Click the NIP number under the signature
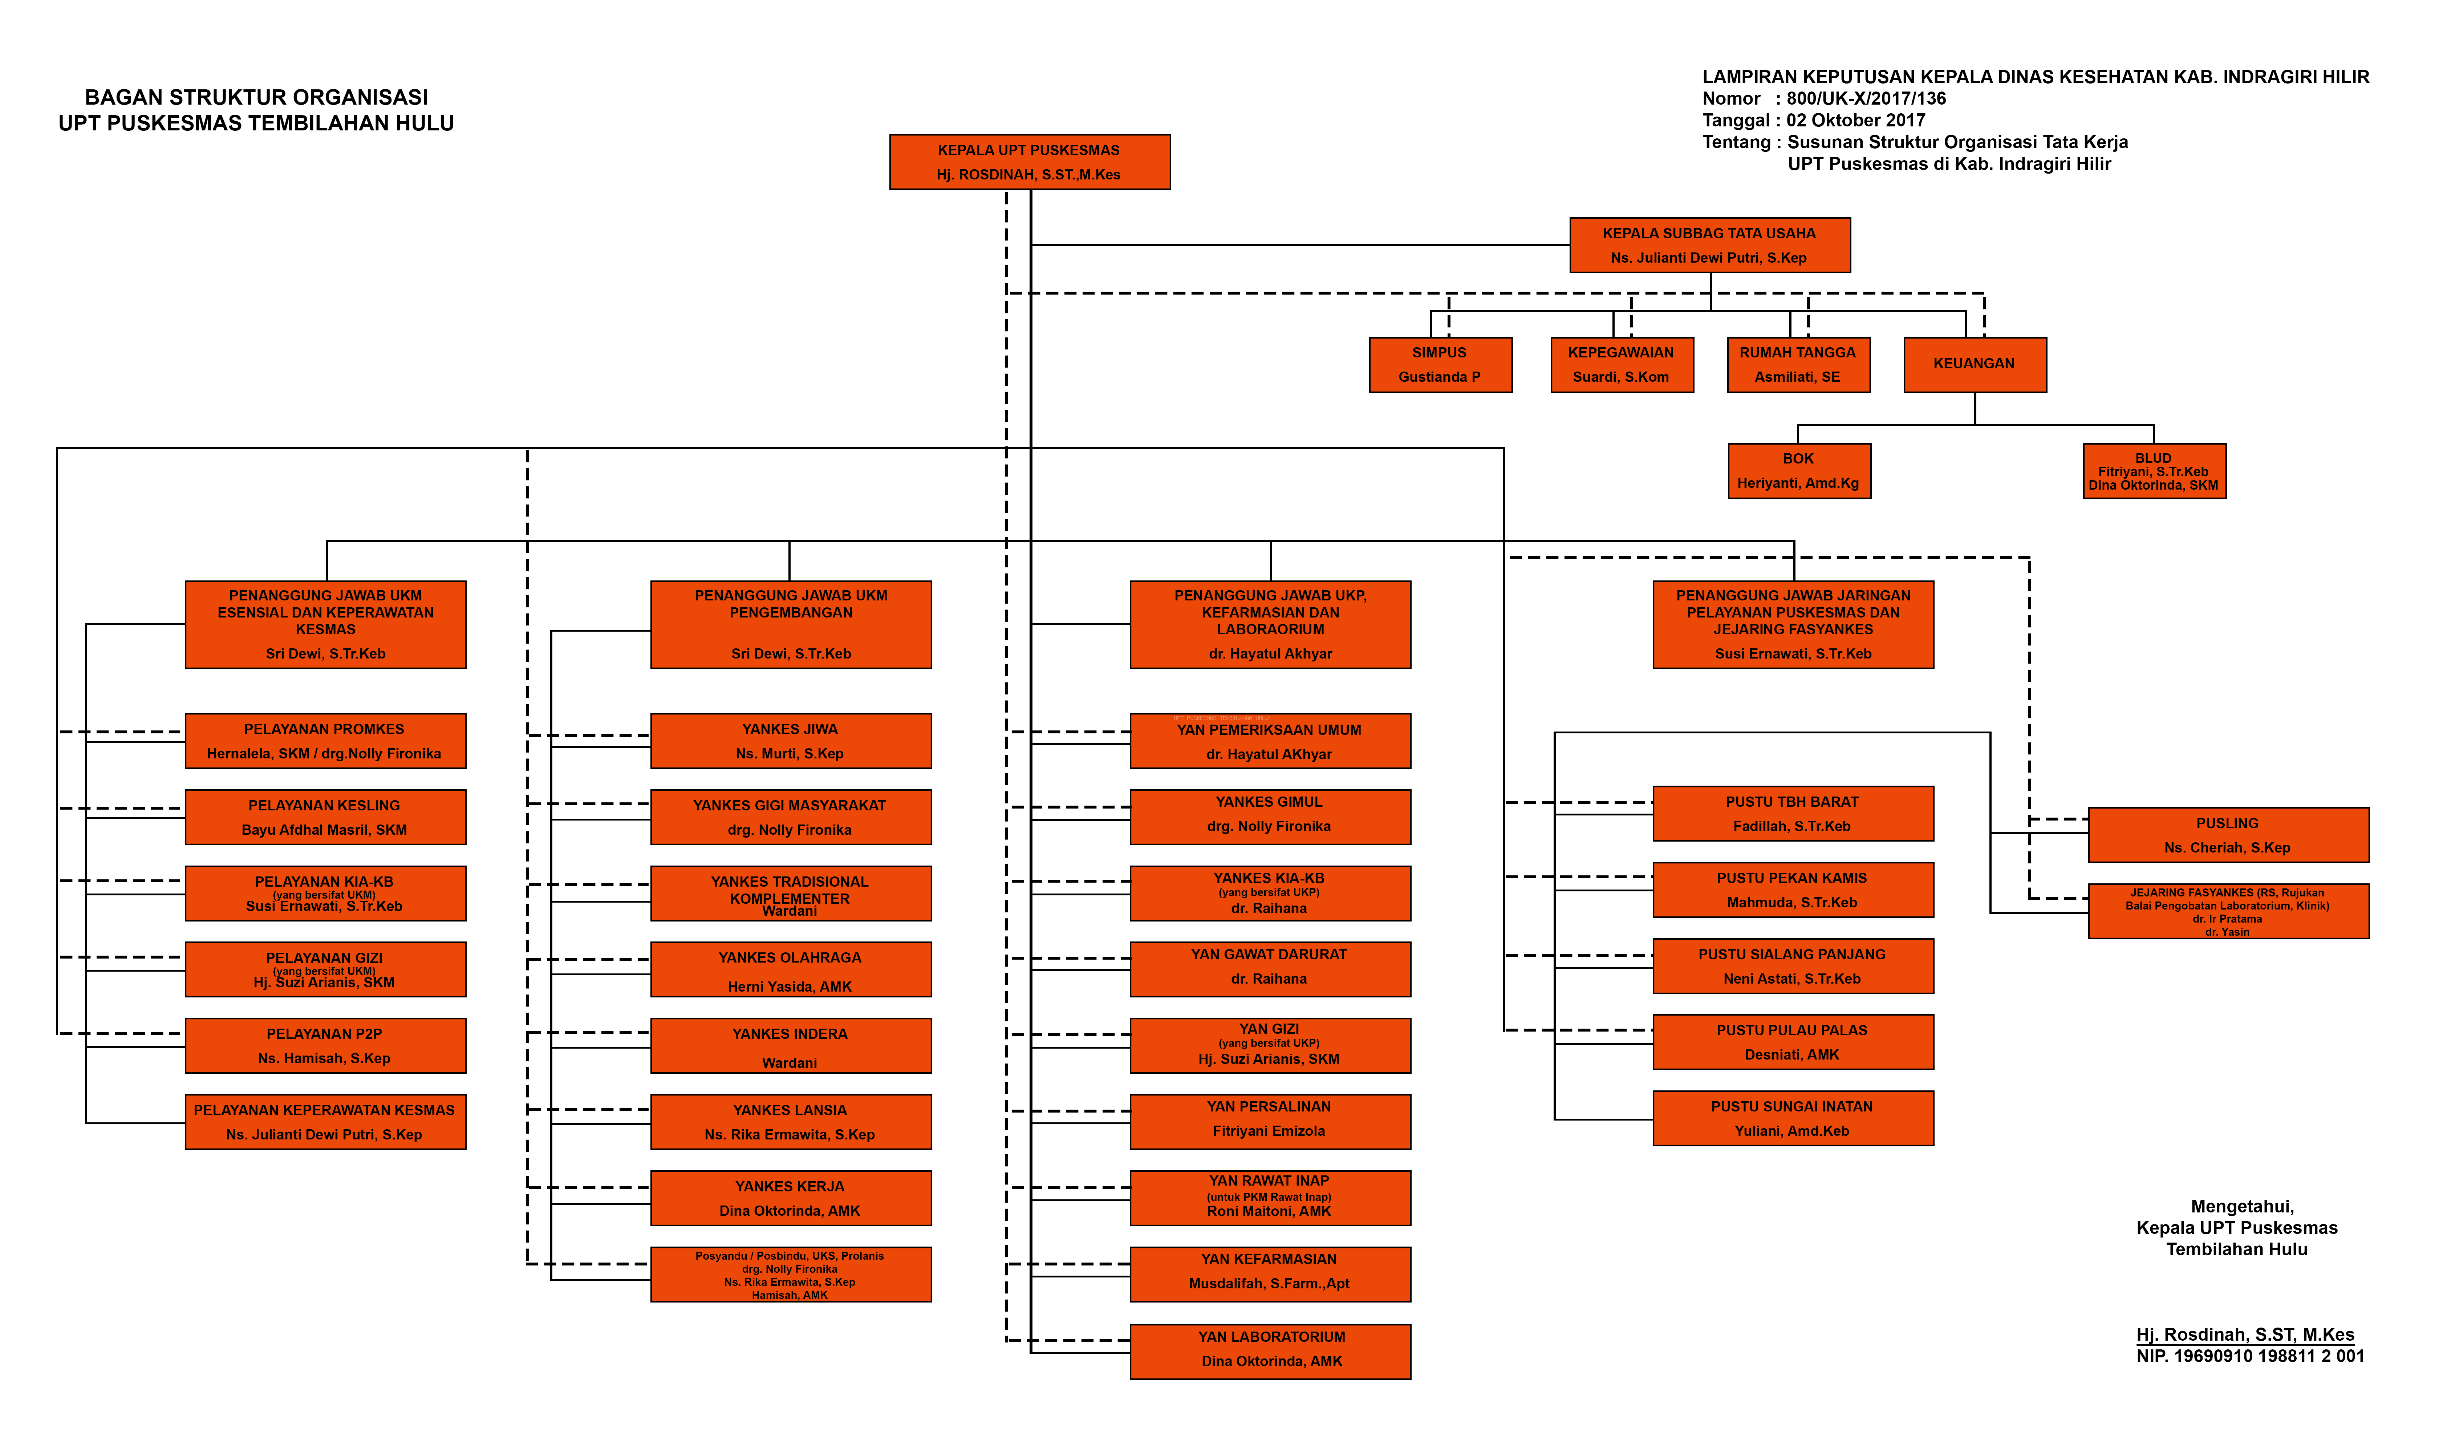(2250, 1357)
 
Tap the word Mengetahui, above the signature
(2242, 1206)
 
